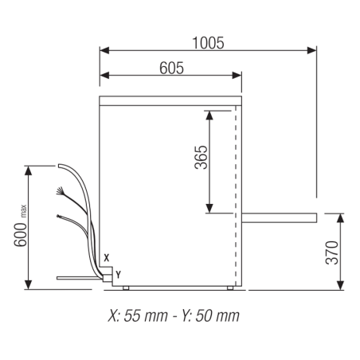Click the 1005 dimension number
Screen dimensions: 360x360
[x=207, y=41]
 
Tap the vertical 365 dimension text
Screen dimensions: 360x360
[x=200, y=162]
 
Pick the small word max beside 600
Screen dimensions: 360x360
[x=25, y=209]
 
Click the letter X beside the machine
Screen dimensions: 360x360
[x=107, y=257]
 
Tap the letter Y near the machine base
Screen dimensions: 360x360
[x=118, y=273]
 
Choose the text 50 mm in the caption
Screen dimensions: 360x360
[x=215, y=315]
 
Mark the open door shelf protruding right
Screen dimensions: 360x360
[x=279, y=217]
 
